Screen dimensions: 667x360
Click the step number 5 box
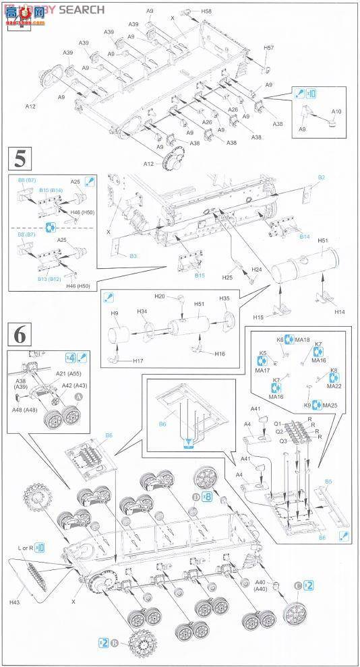[21, 162]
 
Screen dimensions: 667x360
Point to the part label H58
[206, 11]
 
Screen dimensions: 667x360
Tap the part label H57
[268, 48]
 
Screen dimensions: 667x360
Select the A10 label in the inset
[336, 112]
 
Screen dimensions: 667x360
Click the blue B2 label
[322, 177]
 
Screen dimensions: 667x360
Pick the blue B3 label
[133, 257]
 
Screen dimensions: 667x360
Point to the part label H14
[339, 312]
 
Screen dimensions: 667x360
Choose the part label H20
[160, 296]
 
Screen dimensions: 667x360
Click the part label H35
[224, 298]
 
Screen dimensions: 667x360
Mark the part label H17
[138, 361]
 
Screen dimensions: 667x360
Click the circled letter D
[195, 497]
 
